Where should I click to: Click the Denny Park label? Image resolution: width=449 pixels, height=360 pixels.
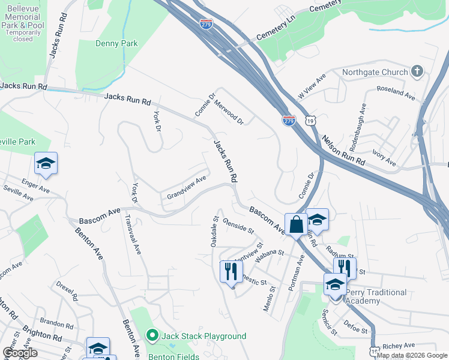tap(116, 43)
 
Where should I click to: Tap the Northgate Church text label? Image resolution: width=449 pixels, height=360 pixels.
tap(374, 73)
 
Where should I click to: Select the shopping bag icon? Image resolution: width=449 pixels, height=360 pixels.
tap(297, 225)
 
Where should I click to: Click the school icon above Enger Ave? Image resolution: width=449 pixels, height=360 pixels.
tap(45, 164)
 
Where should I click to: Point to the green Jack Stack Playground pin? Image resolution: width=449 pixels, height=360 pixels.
tap(152, 336)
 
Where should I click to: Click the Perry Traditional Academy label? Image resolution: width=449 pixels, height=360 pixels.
tap(376, 296)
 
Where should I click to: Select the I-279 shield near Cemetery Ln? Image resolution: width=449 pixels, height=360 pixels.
tap(205, 24)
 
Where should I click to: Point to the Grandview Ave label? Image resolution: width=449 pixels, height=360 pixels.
tap(187, 187)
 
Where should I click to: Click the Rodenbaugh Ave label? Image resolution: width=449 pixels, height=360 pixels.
tap(357, 127)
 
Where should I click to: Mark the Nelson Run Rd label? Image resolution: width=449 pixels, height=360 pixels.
tap(343, 150)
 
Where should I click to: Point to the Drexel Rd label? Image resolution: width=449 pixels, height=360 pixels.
tap(66, 289)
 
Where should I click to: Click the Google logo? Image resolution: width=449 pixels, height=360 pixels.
tap(19, 353)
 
